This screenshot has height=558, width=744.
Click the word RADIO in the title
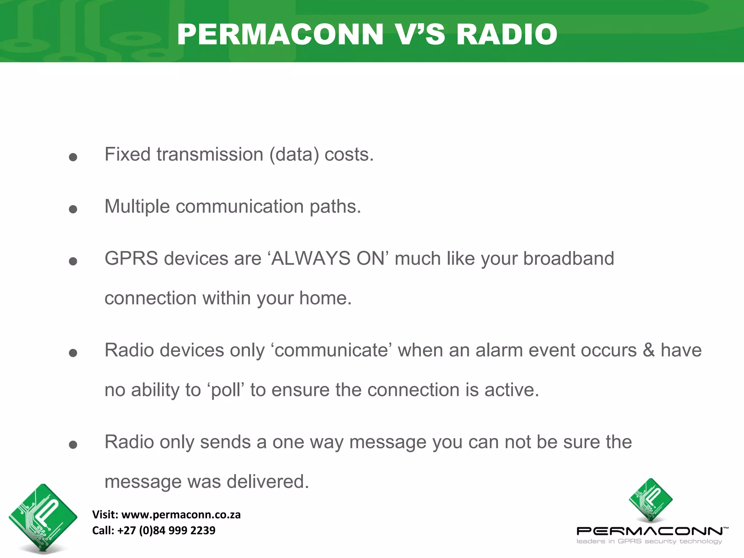pyautogui.click(x=506, y=35)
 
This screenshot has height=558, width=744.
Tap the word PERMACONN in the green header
pyautogui.click(x=280, y=35)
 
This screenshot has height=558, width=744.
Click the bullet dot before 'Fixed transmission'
pyautogui.click(x=73, y=157)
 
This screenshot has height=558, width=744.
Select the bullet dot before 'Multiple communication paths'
pyautogui.click(x=73, y=209)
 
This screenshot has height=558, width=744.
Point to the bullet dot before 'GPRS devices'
pyautogui.click(x=73, y=261)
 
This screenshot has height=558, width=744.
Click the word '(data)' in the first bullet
pyautogui.click(x=294, y=155)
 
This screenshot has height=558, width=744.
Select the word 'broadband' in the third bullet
pyautogui.click(x=568, y=259)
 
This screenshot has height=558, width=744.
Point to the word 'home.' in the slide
pyautogui.click(x=325, y=298)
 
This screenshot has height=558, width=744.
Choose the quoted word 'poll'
pyautogui.click(x=226, y=390)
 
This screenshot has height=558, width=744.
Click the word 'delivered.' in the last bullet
pyautogui.click(x=268, y=482)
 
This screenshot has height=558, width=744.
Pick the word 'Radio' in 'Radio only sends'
pyautogui.click(x=129, y=442)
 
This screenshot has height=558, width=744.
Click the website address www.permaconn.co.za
pyautogui.click(x=181, y=515)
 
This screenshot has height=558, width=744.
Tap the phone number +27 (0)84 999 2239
pyautogui.click(x=166, y=530)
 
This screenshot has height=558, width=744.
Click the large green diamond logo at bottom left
pyautogui.click(x=43, y=518)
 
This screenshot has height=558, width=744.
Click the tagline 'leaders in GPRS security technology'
pyautogui.click(x=649, y=542)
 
